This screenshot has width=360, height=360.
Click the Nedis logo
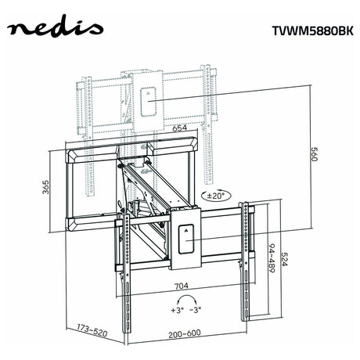pyautogui.click(x=55, y=30)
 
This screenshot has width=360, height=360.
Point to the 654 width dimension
pyautogui.click(x=179, y=128)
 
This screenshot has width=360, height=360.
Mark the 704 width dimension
pyautogui.click(x=182, y=286)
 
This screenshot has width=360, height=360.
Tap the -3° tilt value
pyautogui.click(x=196, y=310)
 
